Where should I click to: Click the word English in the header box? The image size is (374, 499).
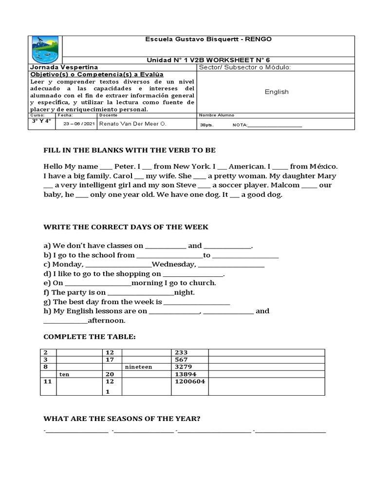pos(277,92)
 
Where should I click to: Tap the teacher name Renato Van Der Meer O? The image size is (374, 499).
pos(132,124)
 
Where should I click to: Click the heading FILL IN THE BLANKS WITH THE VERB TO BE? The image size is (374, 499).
pos(130,150)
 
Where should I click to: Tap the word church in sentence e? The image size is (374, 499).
pos(203,283)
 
